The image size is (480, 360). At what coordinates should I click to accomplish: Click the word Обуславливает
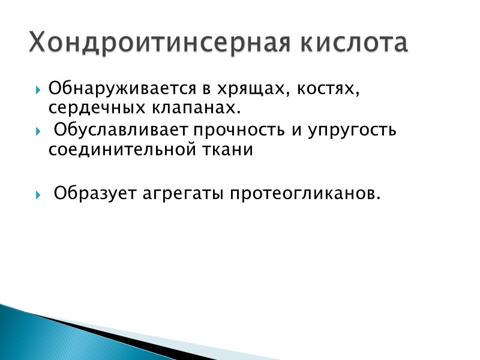pyautogui.click(x=122, y=130)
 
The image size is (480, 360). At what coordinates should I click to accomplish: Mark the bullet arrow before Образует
pyautogui.click(x=39, y=195)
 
